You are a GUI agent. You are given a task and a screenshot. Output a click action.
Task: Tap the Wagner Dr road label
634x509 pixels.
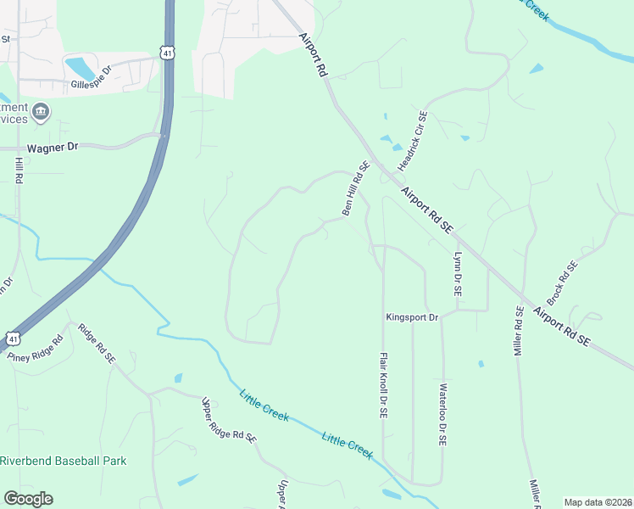coord(53,147)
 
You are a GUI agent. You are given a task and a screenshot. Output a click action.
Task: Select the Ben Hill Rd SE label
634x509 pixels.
coord(357,188)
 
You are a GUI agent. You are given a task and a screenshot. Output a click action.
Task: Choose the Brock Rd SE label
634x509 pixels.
coord(562,282)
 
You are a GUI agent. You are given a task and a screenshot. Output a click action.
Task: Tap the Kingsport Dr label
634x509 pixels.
coord(412,317)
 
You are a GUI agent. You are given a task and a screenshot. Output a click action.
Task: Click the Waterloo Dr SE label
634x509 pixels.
coord(442,415)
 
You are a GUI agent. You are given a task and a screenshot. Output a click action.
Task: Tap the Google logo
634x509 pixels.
coord(28,499)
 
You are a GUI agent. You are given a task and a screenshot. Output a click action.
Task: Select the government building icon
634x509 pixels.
coord(40,112)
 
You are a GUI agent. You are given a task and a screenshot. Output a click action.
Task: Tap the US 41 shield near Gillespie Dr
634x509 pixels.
coord(168,53)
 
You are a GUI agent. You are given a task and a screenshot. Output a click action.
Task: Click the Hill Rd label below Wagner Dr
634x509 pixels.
coord(19,171)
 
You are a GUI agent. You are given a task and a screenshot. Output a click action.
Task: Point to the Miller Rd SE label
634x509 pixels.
coord(519,331)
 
